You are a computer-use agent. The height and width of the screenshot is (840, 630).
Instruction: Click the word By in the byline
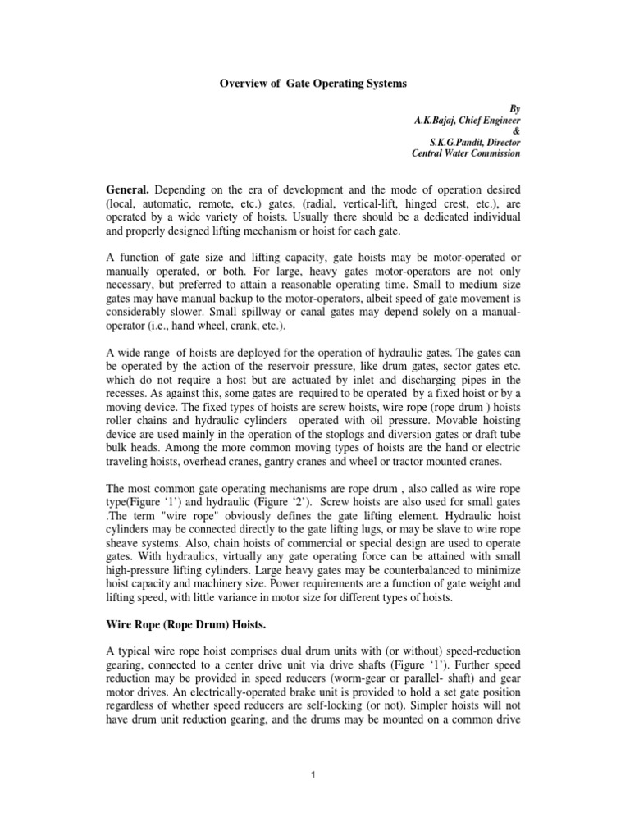pyautogui.click(x=514, y=107)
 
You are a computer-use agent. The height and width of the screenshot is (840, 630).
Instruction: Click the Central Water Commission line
pyautogui.click(x=465, y=153)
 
